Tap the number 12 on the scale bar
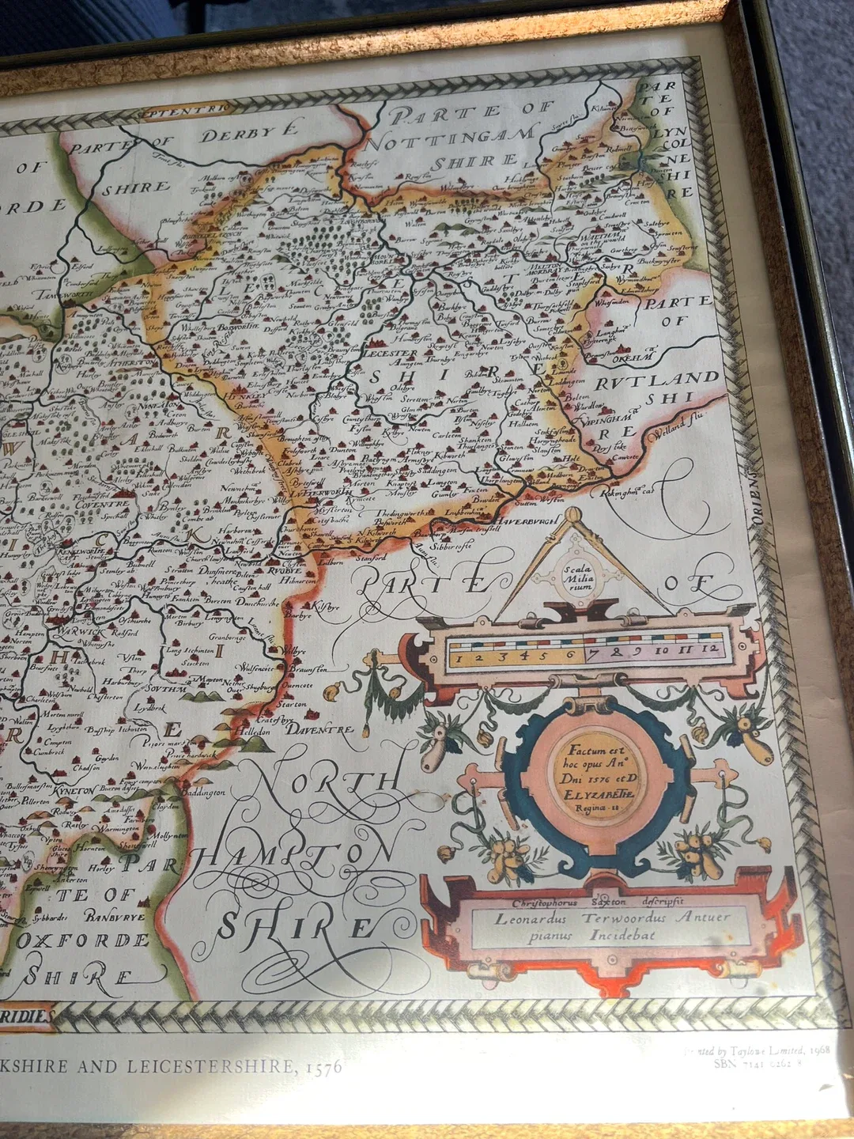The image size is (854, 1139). (x=711, y=650)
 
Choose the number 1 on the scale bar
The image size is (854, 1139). (x=459, y=657)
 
